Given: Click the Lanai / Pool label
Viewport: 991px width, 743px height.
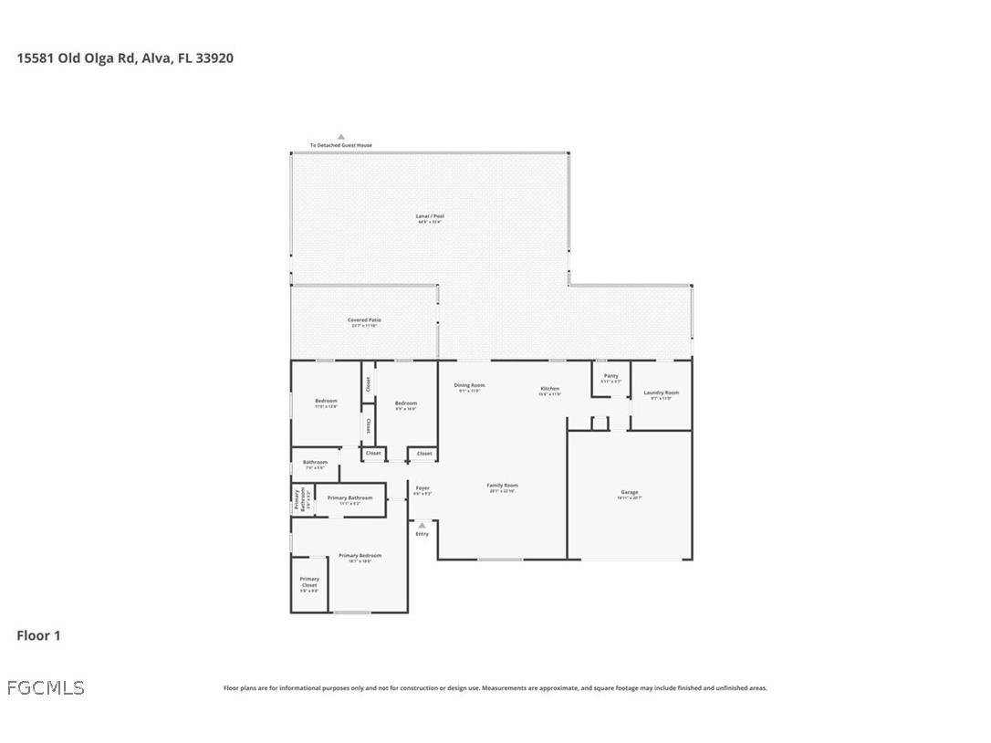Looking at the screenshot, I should (x=430, y=216).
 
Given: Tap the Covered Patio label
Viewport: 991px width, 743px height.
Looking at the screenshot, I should (x=364, y=320).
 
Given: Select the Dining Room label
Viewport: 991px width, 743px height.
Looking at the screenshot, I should (x=470, y=385).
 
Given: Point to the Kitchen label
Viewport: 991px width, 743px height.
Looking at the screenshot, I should (x=548, y=389).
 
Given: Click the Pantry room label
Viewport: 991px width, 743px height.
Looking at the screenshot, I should (x=611, y=376).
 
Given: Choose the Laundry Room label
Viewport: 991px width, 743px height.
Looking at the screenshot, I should (x=661, y=393).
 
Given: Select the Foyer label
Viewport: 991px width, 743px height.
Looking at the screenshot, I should (x=422, y=488).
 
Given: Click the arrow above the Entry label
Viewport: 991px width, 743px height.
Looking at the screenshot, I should (x=422, y=525).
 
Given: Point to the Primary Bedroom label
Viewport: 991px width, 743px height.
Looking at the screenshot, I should (x=360, y=556).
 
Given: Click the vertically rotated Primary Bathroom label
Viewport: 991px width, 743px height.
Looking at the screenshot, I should (x=297, y=499).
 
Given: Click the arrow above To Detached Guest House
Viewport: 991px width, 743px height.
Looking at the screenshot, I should (x=341, y=136).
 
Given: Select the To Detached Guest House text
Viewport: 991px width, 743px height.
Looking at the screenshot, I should (x=340, y=145).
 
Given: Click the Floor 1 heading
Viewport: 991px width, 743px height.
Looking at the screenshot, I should (x=38, y=635).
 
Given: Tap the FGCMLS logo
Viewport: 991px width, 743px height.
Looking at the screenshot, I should (x=46, y=687).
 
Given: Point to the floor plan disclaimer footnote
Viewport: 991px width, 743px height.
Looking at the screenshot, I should (x=495, y=688).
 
